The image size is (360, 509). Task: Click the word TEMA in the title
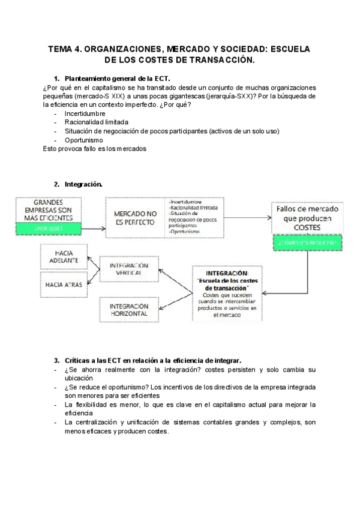(62, 50)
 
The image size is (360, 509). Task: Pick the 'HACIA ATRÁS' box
(63, 284)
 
